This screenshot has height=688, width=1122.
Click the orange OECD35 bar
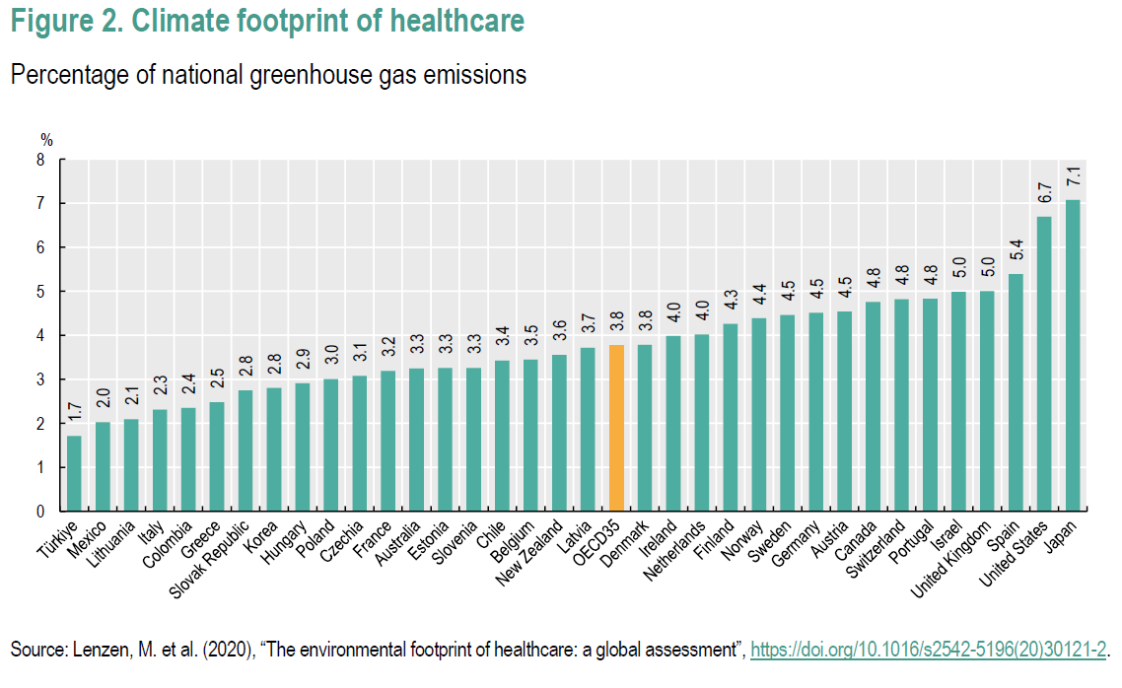pyautogui.click(x=616, y=428)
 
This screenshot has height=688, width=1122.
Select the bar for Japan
pyautogui.click(x=1072, y=356)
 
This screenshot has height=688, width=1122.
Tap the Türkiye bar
pyautogui.click(x=74, y=473)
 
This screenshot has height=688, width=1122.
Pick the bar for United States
pyautogui.click(x=1043, y=364)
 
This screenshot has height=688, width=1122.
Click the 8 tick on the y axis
pyautogui.click(x=40, y=160)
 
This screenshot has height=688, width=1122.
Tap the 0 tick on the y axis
pyautogui.click(x=40, y=512)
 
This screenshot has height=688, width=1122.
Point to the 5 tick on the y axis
pyautogui.click(x=40, y=292)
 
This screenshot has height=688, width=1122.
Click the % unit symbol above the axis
pyautogui.click(x=45, y=140)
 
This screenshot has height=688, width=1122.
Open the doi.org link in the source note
pyautogui.click(x=929, y=650)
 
